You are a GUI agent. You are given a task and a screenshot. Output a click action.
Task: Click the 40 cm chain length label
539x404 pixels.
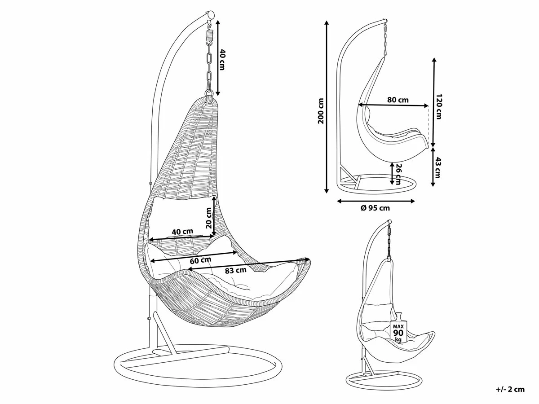pos(221,59)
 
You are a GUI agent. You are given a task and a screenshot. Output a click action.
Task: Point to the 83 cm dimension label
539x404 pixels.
pos(235,270)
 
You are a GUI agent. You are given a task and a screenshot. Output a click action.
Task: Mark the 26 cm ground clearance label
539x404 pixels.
pos(398,173)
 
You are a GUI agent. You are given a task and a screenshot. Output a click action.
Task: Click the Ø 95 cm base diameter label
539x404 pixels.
pos(376,207)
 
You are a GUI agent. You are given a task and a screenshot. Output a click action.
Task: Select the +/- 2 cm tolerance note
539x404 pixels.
pos(510,389)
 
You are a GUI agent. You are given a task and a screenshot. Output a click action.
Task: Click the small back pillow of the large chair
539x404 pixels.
pos(182,211)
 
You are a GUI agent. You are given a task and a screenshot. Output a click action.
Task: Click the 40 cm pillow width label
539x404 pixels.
pos(183,232)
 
